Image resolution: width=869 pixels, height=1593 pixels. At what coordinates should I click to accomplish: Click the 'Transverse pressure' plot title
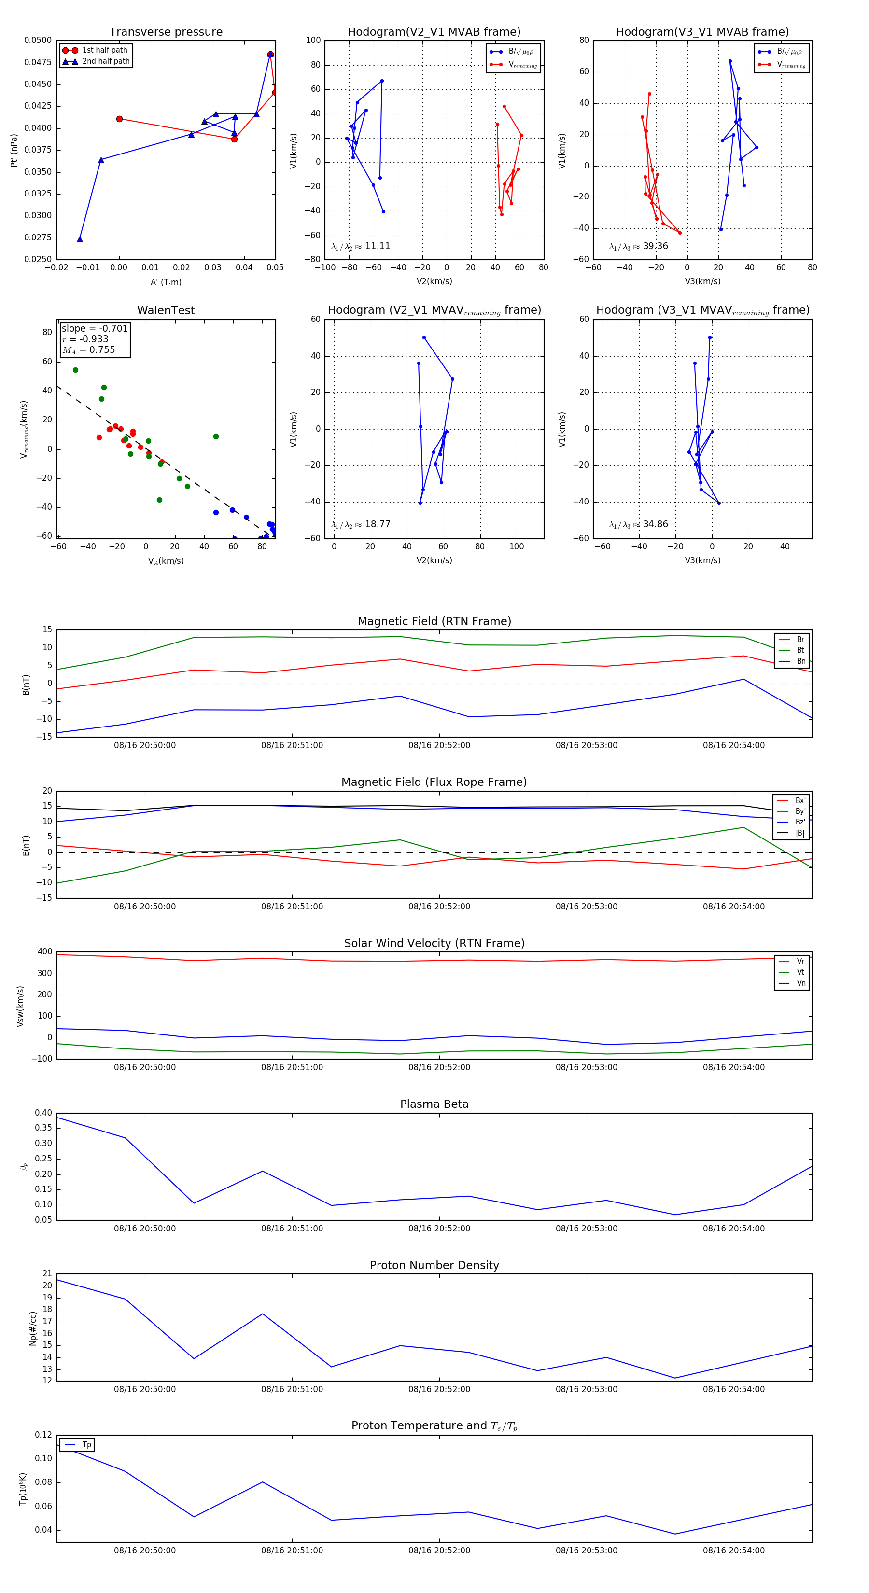coord(166,32)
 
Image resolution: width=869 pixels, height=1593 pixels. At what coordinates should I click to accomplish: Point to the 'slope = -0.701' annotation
coord(94,328)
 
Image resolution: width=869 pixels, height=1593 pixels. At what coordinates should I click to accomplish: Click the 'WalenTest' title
coord(166,310)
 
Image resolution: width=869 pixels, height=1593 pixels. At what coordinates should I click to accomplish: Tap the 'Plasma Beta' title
coord(434,1104)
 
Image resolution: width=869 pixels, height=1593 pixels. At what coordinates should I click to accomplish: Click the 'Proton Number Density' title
coord(434,1265)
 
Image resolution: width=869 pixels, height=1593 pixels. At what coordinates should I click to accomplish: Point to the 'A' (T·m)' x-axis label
coord(166,282)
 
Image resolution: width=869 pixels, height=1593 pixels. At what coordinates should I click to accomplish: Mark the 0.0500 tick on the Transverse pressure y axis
coord(38,40)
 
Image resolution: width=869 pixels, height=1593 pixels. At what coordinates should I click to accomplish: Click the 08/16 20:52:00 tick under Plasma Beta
coord(439,1228)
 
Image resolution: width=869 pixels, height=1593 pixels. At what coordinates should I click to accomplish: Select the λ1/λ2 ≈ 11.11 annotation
coord(361,246)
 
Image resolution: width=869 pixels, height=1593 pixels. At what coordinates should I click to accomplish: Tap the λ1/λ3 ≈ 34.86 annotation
coord(638,524)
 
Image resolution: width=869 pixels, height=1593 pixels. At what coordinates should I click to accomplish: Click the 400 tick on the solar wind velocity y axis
coord(45,952)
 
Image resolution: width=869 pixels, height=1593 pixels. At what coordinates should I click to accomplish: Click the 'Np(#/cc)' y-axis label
coord(33,1328)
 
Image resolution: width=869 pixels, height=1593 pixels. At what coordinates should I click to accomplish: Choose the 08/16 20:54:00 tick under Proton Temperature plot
coord(733,1551)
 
